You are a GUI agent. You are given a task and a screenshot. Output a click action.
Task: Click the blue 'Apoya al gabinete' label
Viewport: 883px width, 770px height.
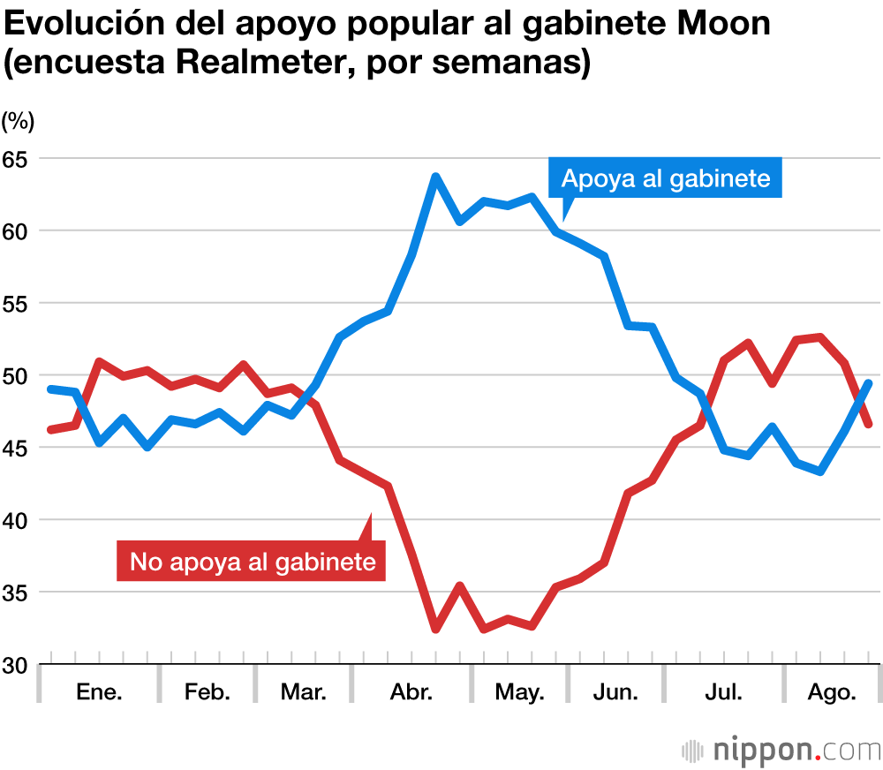click(666, 179)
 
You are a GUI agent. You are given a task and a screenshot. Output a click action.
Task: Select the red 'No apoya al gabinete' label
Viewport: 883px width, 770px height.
click(253, 562)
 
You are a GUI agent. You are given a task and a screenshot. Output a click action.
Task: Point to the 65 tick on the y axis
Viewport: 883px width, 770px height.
click(16, 159)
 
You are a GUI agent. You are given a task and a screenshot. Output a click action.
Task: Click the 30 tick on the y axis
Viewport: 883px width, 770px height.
click(16, 665)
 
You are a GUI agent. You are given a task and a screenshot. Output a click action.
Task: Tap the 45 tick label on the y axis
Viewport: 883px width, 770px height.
click(16, 448)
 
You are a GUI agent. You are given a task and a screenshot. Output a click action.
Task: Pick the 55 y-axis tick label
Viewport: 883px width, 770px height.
click(16, 303)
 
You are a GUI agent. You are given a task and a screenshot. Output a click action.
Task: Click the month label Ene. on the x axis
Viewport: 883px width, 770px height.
click(99, 691)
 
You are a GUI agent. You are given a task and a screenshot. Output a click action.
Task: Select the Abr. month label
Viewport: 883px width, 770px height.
click(411, 691)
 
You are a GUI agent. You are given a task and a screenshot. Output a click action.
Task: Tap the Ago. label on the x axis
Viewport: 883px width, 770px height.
click(833, 691)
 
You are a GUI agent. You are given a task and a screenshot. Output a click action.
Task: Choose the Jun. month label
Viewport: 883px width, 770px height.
click(615, 691)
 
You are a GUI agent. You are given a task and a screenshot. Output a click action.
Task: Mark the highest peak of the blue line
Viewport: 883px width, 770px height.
click(435, 177)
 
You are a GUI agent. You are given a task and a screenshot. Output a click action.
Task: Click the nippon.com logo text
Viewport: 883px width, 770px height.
click(781, 751)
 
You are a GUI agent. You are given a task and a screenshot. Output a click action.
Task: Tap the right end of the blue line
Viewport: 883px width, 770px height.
click(869, 382)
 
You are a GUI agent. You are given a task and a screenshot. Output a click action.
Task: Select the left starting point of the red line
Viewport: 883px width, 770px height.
click(51, 430)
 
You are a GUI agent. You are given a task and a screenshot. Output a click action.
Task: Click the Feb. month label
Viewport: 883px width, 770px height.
click(207, 691)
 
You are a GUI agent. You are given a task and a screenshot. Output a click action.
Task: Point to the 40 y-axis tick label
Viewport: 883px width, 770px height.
click(16, 520)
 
